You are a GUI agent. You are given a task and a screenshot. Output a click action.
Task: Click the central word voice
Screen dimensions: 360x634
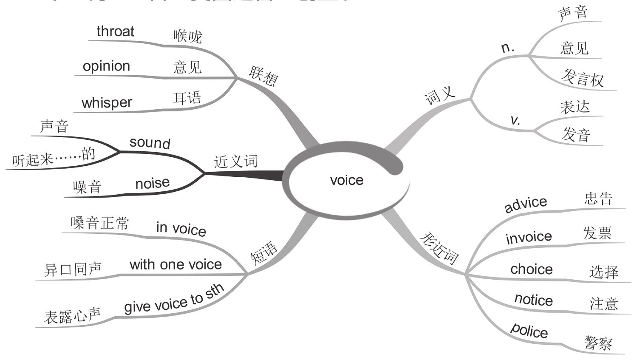tap(347, 180)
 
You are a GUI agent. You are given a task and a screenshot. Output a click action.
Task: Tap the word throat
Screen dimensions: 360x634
tap(115, 31)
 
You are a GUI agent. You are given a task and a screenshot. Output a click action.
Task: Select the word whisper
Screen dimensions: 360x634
tap(107, 103)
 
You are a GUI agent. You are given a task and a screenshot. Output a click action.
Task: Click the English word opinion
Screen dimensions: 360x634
tap(106, 66)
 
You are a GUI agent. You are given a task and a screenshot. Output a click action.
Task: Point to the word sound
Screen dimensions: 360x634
tap(150, 142)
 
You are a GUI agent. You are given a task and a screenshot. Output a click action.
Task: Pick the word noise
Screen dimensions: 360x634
tap(153, 183)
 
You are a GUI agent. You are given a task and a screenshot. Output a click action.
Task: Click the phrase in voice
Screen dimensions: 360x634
tap(181, 229)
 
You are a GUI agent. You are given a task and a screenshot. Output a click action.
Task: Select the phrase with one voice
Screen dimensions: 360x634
tap(175, 264)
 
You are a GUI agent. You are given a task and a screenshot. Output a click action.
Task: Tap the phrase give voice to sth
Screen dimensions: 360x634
tap(174, 299)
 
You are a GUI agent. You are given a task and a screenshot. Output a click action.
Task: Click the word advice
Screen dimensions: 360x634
tap(526, 204)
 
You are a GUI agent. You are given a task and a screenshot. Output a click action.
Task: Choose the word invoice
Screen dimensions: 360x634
tap(529, 237)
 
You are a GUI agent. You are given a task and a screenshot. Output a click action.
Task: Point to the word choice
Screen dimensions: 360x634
tap(532, 269)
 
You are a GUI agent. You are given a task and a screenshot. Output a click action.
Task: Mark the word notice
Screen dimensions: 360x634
tap(534, 300)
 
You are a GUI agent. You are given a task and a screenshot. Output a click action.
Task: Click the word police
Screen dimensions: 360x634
tap(529, 330)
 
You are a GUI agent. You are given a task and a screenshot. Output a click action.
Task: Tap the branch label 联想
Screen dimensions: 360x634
tap(263, 76)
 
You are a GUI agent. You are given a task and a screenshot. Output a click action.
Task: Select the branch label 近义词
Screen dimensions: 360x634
tap(236, 162)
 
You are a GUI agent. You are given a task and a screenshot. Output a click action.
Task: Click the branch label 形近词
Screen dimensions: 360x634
tap(439, 248)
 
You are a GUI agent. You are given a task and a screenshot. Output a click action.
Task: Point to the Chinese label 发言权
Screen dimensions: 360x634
tap(582, 78)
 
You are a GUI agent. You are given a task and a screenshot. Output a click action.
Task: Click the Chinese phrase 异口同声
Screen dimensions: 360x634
tap(73, 269)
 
